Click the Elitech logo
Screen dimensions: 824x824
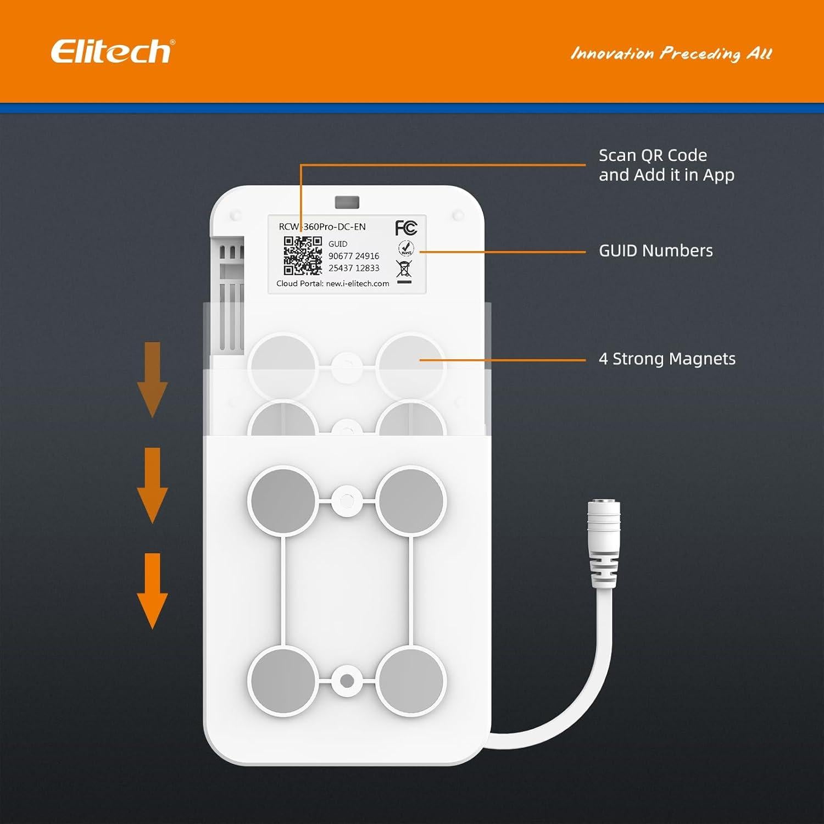pyautogui.click(x=110, y=52)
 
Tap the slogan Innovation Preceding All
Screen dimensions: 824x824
pyautogui.click(x=671, y=53)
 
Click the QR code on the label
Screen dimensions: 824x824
pyautogui.click(x=303, y=255)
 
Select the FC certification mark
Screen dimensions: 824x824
pyautogui.click(x=406, y=227)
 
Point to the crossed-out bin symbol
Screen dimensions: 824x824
pyautogui.click(x=404, y=270)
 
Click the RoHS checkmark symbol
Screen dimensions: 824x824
pyautogui.click(x=405, y=248)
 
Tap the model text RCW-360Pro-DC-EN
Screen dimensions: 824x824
pyautogui.click(x=322, y=226)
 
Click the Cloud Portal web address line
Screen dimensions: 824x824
pyautogui.click(x=333, y=283)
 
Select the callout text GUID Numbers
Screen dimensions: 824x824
pyautogui.click(x=655, y=251)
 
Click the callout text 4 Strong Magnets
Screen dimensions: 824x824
pyautogui.click(x=667, y=359)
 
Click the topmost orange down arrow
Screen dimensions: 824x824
pyautogui.click(x=152, y=379)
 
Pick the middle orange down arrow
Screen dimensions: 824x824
pyautogui.click(x=152, y=485)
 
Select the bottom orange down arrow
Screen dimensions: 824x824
pyautogui.click(x=152, y=591)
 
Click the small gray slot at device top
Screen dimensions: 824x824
pyautogui.click(x=347, y=202)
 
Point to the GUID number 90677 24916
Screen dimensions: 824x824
pyautogui.click(x=354, y=256)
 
